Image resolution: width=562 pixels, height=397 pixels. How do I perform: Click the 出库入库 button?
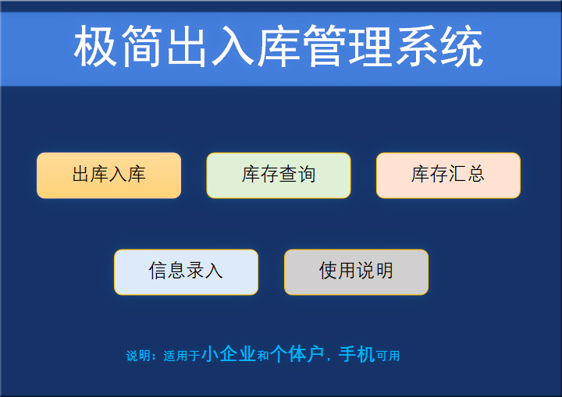click(x=108, y=175)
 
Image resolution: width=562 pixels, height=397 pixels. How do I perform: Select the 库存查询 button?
click(x=279, y=175)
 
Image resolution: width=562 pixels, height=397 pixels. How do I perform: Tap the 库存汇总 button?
click(x=448, y=175)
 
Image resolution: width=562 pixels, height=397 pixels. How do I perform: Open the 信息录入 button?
click(x=186, y=271)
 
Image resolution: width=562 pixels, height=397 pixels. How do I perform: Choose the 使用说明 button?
click(x=356, y=271)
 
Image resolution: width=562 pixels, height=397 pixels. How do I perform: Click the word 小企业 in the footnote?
click(x=229, y=355)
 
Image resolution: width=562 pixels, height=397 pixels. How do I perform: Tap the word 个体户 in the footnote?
click(x=297, y=355)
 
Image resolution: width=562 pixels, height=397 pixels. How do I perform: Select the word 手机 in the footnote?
click(x=357, y=355)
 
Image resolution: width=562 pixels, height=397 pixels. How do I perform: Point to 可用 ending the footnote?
click(x=388, y=356)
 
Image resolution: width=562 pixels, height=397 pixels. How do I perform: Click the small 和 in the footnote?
click(x=263, y=356)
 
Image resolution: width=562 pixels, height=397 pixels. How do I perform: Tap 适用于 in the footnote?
click(x=181, y=356)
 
